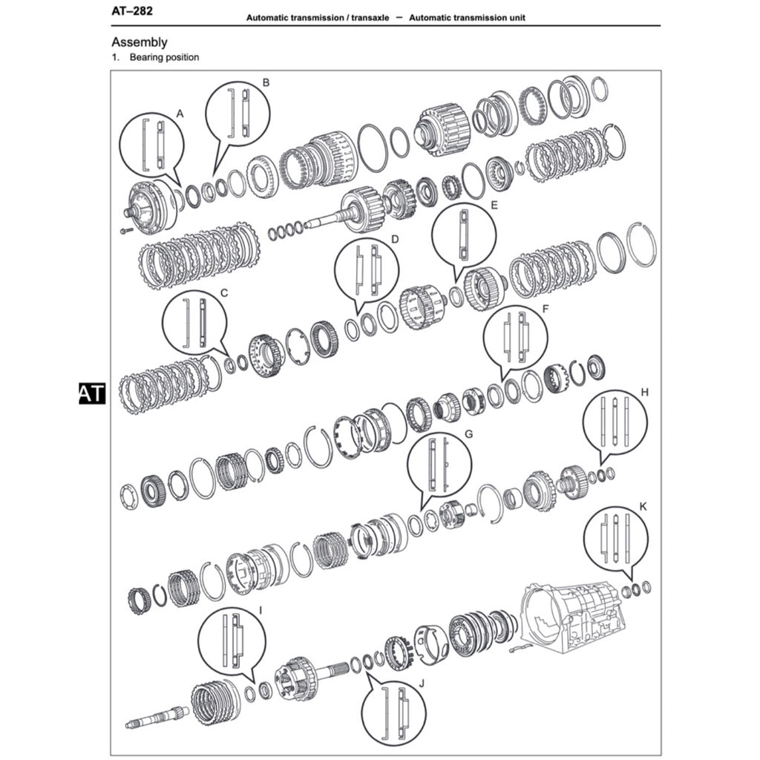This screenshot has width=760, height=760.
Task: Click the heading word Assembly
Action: click(139, 42)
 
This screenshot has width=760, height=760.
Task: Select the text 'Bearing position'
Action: click(164, 57)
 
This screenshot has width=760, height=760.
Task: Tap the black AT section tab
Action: click(92, 393)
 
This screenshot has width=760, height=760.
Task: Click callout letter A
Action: click(180, 113)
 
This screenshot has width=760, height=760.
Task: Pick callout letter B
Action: click(266, 82)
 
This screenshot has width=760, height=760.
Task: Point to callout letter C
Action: click(224, 292)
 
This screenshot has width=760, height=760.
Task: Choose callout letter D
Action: click(395, 240)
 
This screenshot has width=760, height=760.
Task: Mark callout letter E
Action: click(494, 203)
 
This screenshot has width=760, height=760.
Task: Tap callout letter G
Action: click(468, 433)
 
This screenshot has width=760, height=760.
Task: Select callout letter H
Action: click(644, 391)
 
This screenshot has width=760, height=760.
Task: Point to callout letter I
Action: click(260, 609)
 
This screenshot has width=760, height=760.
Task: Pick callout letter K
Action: click(643, 506)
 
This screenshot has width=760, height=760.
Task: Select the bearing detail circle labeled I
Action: click(231, 640)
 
